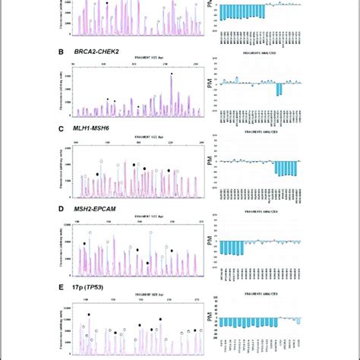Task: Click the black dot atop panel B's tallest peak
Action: (x=172, y=74)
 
